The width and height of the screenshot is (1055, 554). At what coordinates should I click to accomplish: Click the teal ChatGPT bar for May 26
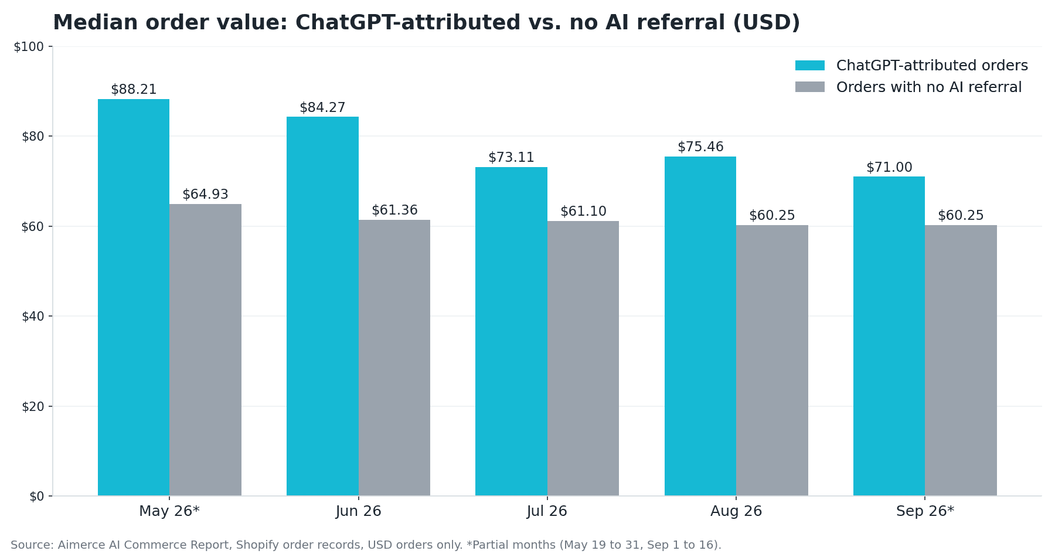134,297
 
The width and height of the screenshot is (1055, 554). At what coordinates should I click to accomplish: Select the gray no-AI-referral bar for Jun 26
394,358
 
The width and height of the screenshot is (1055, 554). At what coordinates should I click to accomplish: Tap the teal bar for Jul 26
511,331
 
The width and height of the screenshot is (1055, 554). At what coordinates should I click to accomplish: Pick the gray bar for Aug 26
772,361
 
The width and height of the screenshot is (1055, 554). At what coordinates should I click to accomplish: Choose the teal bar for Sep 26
889,336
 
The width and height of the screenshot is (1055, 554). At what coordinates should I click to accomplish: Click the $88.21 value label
134,90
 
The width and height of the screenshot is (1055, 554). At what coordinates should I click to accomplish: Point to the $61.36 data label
394,210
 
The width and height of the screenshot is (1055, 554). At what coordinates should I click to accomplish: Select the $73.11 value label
511,158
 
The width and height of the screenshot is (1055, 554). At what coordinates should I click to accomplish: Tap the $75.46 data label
700,147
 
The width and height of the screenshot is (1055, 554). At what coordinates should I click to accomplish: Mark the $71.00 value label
889,168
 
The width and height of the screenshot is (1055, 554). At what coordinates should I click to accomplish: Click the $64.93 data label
205,195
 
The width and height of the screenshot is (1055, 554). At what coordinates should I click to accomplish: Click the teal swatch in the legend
810,66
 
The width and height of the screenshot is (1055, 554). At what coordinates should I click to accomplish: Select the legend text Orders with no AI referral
929,87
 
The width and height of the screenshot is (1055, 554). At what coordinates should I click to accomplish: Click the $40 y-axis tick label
33,317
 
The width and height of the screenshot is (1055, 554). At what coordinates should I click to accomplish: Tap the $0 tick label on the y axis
36,497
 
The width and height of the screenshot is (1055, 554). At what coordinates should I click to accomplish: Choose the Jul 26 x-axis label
547,511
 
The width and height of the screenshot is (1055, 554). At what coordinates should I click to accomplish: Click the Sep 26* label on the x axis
925,511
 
